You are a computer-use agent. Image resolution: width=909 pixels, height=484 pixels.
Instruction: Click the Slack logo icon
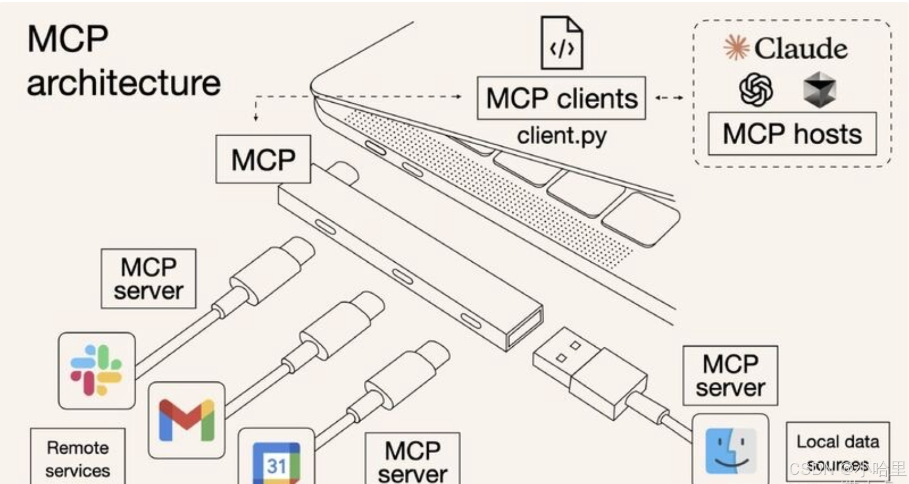click(96, 370)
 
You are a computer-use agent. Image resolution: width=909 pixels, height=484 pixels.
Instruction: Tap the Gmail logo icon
click(186, 420)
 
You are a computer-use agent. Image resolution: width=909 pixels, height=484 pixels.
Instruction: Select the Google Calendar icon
click(276, 462)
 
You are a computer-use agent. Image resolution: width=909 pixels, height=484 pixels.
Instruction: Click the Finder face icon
click(731, 451)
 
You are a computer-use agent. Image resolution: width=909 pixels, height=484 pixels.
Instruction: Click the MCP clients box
click(561, 98)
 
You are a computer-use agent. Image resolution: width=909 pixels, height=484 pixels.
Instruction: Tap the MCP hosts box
click(792, 134)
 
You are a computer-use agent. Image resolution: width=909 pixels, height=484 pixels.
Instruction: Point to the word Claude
click(801, 49)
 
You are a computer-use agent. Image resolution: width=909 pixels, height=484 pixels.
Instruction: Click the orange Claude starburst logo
click(736, 48)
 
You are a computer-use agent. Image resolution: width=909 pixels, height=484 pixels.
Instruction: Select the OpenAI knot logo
click(755, 90)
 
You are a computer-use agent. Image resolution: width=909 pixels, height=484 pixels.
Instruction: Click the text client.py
click(561, 136)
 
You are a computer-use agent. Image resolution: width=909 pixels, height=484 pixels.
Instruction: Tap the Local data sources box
click(838, 451)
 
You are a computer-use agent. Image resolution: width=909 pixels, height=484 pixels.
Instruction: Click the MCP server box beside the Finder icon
click(730, 376)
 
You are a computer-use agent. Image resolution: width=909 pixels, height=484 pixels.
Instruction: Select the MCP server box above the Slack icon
click(148, 278)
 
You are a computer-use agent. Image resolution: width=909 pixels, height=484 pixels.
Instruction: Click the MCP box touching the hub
click(263, 159)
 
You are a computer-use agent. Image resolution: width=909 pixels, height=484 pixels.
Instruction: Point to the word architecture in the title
click(124, 83)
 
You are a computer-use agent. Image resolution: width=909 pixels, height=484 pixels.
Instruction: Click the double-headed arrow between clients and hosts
click(669, 98)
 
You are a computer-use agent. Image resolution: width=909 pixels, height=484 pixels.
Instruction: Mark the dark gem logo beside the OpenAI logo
click(819, 90)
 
